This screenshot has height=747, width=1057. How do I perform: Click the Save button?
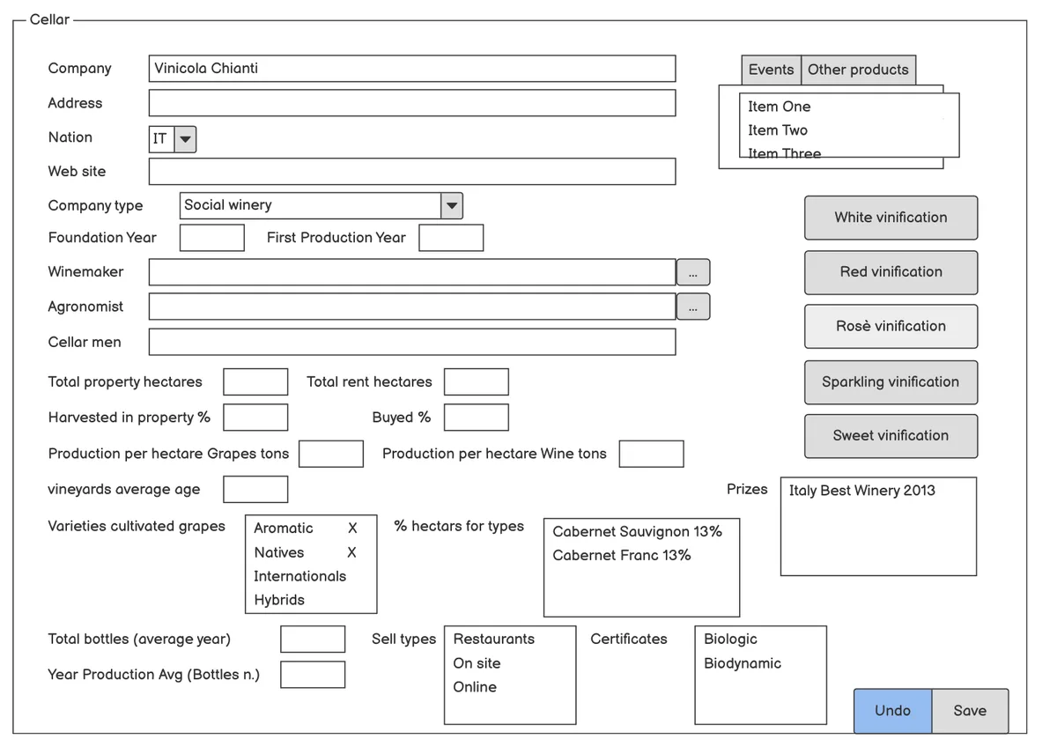pos(970,710)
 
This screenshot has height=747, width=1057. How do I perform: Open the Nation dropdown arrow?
pos(186,139)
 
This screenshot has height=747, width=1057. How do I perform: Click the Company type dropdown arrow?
pos(452,206)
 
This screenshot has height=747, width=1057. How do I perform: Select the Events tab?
pos(771,70)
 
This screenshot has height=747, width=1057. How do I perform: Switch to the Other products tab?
pos(858,70)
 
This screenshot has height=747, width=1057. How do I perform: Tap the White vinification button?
pos(891,218)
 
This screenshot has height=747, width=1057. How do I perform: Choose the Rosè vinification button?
pos(891,326)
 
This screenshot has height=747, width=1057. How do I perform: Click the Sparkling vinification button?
pos(891,381)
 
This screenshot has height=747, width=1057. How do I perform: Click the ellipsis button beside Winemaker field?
pos(692,272)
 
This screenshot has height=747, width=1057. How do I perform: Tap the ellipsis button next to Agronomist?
pos(692,307)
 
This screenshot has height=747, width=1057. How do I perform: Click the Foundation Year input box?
pos(212,238)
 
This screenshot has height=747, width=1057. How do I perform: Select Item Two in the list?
pos(778,130)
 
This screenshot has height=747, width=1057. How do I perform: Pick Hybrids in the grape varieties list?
pos(279,600)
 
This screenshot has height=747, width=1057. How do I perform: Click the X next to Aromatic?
pos(352,528)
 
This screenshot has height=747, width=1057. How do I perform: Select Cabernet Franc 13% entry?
pos(622,556)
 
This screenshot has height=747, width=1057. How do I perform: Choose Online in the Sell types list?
pos(475,687)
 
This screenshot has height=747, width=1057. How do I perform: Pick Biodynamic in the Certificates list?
pos(743,663)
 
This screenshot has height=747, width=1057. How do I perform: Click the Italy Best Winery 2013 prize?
pos(861,491)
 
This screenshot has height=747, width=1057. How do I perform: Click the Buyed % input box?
pos(477,418)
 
